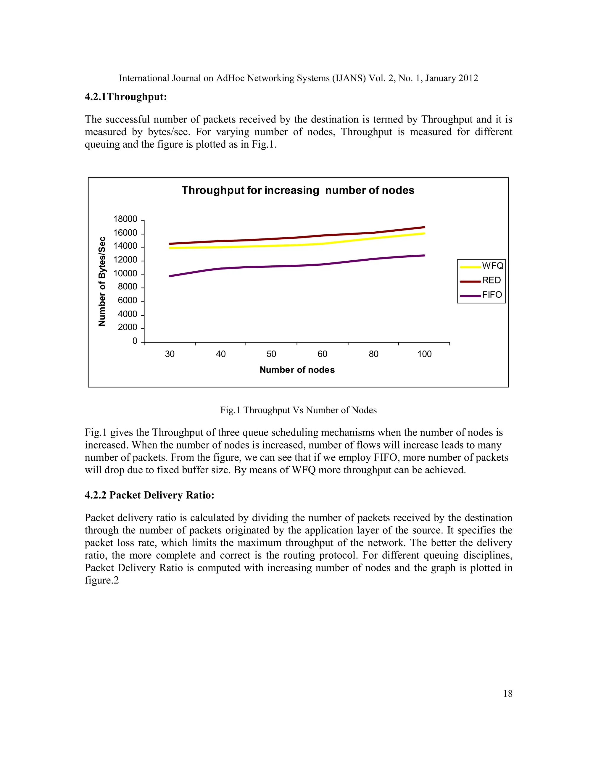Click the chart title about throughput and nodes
tap(298, 190)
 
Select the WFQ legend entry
tap(481, 266)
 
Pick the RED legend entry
tap(481, 280)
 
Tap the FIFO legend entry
tap(481, 295)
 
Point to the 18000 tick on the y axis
tap(125, 219)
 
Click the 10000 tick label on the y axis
tap(125, 274)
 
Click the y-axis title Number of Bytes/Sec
tap(102, 281)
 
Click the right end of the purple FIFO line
tap(424, 256)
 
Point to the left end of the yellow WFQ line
tap(170, 248)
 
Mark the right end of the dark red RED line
tap(424, 227)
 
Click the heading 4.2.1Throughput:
tap(126, 97)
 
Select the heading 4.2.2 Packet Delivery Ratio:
tap(149, 495)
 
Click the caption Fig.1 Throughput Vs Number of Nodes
tap(298, 410)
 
